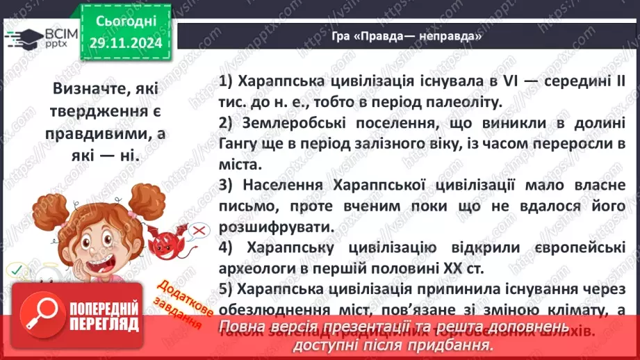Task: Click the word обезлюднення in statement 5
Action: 272,310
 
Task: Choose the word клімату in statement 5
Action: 541,310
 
